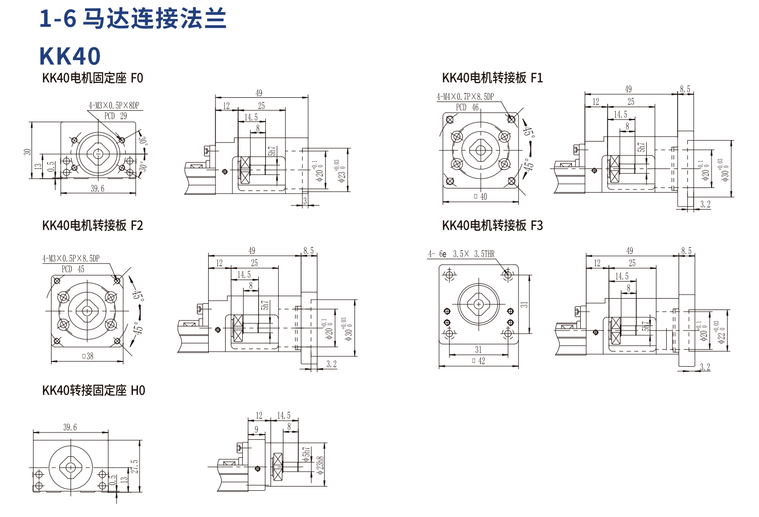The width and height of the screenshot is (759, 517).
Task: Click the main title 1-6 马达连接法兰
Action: [132, 19]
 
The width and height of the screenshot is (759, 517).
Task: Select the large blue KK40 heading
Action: [70, 56]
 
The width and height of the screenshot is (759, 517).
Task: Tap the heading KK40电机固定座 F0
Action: [93, 78]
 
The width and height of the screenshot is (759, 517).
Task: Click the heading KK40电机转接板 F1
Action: [492, 78]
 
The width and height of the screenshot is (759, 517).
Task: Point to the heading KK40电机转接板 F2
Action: [93, 226]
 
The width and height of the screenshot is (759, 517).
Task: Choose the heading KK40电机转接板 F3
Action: [492, 226]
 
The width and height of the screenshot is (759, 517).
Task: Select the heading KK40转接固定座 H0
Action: [94, 390]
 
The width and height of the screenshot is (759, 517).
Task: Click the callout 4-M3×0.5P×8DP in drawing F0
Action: [113, 106]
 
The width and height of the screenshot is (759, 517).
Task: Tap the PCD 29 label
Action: [115, 116]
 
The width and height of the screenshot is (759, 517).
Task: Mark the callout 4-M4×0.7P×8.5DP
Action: [465, 97]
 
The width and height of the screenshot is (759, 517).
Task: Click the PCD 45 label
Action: [73, 269]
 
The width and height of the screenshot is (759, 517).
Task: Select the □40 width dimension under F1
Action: [480, 196]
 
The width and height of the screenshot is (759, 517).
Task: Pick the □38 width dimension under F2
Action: [88, 356]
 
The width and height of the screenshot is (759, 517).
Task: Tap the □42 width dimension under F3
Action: [479, 361]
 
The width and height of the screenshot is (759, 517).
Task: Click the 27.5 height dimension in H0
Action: [134, 467]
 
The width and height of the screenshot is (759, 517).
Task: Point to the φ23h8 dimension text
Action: [320, 466]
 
